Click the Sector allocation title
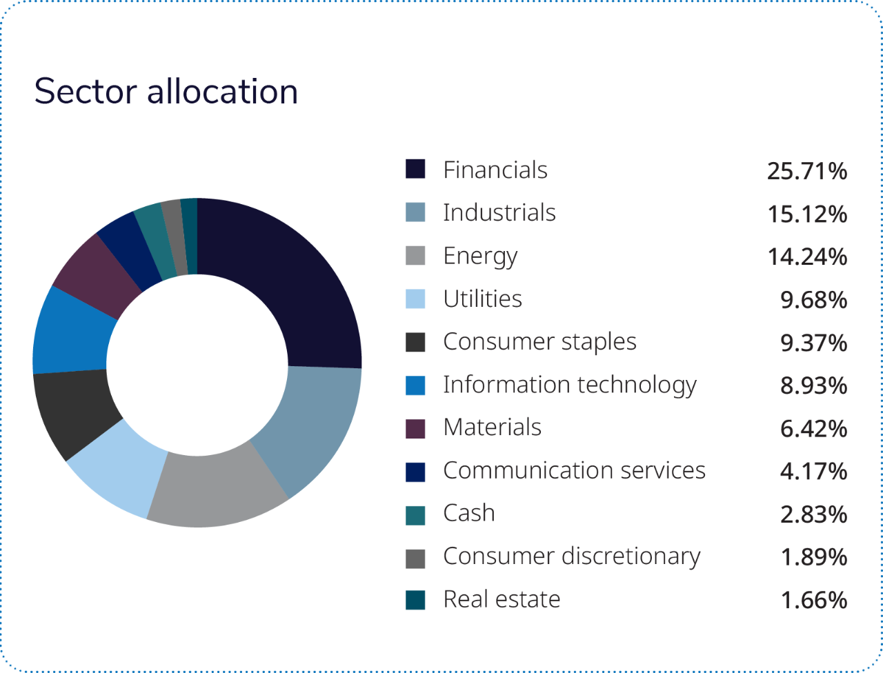click(166, 92)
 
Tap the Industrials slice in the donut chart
click(310, 428)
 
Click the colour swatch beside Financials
click(415, 170)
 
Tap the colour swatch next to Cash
click(415, 514)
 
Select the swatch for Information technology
click(415, 385)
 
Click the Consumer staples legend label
click(539, 342)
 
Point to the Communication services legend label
click(574, 471)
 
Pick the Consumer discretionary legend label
click(571, 556)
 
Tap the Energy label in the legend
click(480, 257)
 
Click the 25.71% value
click(806, 171)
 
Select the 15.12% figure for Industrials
click(806, 214)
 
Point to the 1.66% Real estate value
click(813, 600)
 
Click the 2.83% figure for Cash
click(813, 514)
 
